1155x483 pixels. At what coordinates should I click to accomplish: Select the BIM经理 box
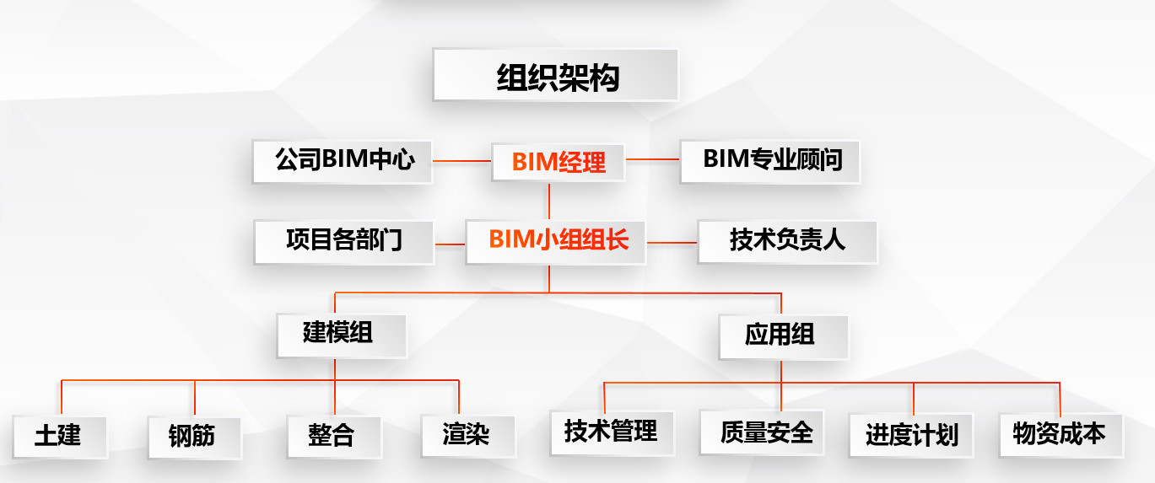[559, 160]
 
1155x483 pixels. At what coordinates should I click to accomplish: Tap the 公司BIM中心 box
[343, 160]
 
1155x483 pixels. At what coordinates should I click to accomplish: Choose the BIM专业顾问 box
[770, 160]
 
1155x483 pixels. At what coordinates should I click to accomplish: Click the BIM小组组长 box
[558, 241]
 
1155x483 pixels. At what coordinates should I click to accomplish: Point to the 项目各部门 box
[343, 241]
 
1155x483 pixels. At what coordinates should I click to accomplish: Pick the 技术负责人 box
[786, 241]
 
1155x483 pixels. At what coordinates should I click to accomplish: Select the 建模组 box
[341, 335]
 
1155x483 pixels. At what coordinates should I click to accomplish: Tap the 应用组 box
[783, 336]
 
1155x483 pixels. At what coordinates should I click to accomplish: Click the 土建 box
[59, 436]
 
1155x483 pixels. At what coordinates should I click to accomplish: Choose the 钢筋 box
[194, 436]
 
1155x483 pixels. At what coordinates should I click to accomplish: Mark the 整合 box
[333, 436]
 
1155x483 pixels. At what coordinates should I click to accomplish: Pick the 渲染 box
[467, 435]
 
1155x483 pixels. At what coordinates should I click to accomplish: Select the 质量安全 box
[762, 432]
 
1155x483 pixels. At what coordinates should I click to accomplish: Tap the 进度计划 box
[910, 435]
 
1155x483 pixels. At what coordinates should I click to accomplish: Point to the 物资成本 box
[1060, 434]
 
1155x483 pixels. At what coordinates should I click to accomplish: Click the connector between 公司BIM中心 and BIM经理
[462, 159]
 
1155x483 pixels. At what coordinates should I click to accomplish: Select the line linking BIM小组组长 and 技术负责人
[672, 243]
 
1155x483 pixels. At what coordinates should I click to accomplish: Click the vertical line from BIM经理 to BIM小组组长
[549, 201]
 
